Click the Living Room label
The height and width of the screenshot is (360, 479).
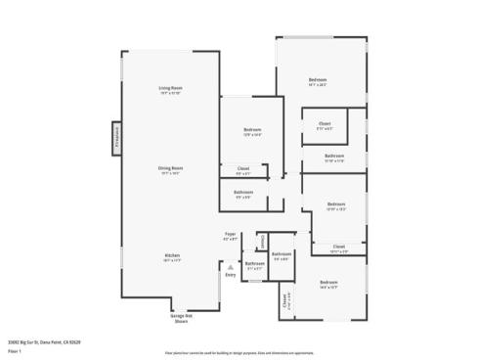point(172,89)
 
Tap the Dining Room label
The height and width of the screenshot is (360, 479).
point(171,168)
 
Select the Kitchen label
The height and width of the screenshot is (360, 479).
point(171,256)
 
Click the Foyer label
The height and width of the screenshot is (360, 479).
point(231,235)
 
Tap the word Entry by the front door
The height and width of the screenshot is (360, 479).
point(231,275)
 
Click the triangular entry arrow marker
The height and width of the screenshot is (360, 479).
point(231,265)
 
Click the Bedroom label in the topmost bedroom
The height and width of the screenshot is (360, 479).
point(317,79)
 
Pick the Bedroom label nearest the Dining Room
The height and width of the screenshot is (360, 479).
point(249,130)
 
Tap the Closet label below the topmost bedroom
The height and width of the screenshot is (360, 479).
point(325,123)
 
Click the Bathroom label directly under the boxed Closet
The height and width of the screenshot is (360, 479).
point(334,156)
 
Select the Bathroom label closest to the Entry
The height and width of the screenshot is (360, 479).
point(253,263)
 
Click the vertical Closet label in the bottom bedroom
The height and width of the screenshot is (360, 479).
point(286,302)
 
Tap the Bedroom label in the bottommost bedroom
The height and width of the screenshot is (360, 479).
point(327,283)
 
